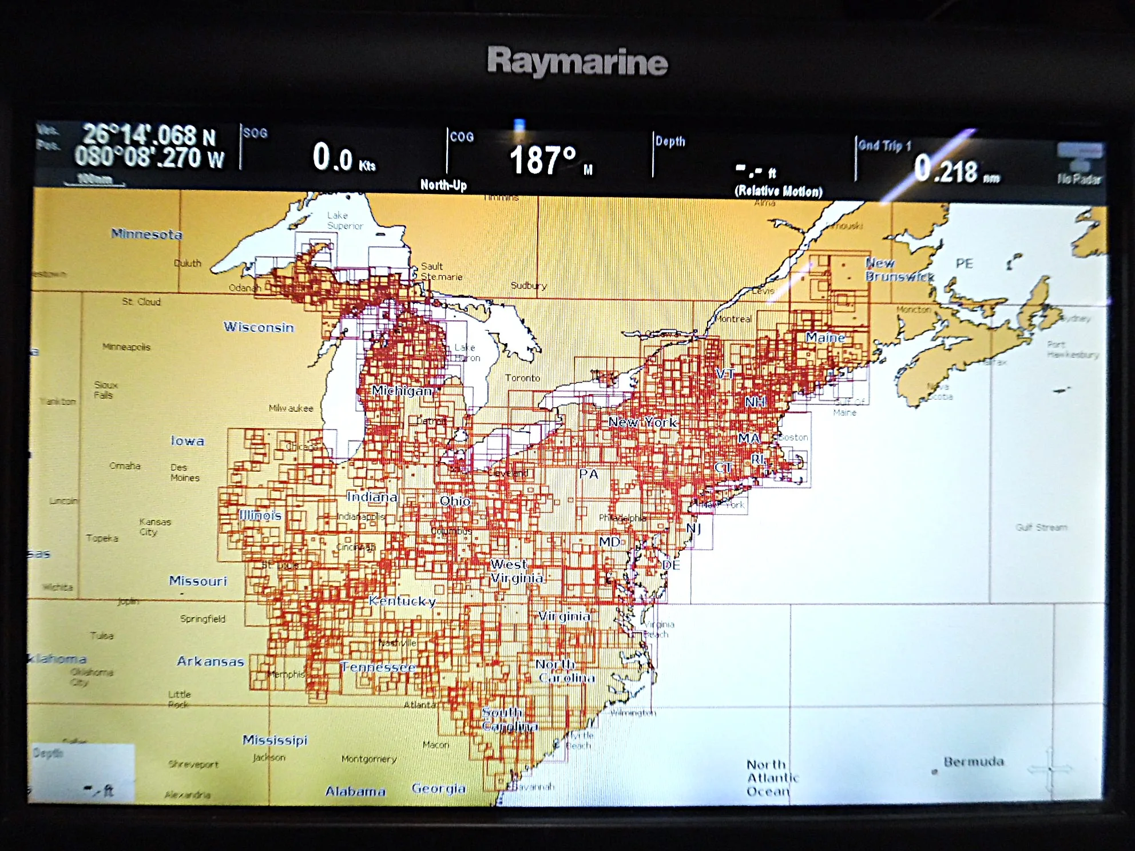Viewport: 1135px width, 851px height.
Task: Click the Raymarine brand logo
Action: (x=577, y=61)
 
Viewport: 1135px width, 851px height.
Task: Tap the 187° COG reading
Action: (x=543, y=160)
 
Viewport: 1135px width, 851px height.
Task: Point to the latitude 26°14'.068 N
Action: (x=149, y=136)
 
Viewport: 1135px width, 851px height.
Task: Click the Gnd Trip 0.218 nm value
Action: (x=956, y=170)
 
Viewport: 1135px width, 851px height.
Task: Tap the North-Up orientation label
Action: (x=443, y=185)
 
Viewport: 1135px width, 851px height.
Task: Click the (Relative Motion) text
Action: (x=778, y=191)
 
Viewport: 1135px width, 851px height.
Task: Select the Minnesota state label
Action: (x=146, y=234)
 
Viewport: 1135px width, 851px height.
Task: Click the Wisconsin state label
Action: (x=258, y=327)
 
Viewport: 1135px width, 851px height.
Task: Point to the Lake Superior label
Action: (x=344, y=220)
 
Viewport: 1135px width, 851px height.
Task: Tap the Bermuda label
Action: (x=974, y=762)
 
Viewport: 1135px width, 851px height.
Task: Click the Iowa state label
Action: (x=187, y=441)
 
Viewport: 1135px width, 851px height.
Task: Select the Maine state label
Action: (x=825, y=337)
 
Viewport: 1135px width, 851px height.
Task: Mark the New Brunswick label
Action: (x=898, y=270)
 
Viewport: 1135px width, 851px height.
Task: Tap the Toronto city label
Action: (x=522, y=378)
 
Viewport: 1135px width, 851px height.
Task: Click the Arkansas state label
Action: (x=210, y=662)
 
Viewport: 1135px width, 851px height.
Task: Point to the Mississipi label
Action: (x=275, y=740)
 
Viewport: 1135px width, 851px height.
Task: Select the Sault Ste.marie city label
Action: (x=441, y=271)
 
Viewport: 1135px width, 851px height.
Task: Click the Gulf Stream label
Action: (x=1041, y=527)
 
